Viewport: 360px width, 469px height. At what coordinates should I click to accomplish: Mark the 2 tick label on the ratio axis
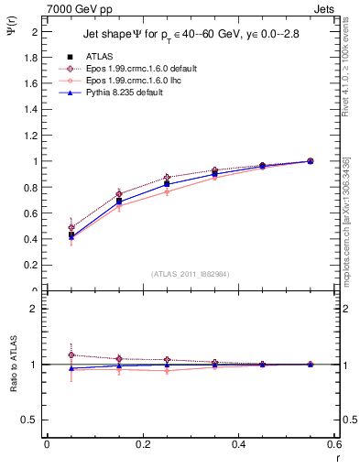34,309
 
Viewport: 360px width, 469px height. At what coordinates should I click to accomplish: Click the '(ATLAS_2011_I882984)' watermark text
190,274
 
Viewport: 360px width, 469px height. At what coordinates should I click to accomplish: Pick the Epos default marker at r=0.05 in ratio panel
71,354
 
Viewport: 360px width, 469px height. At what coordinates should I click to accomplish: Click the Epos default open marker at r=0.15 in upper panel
118,193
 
